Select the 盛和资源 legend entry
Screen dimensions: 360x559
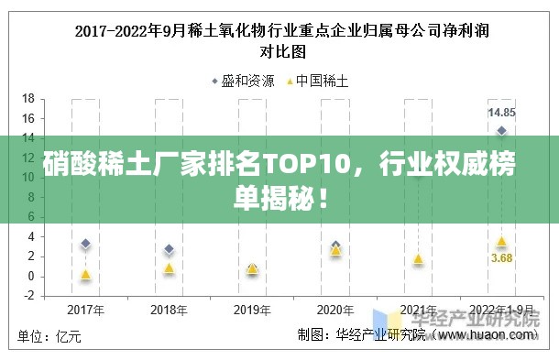tap(243, 81)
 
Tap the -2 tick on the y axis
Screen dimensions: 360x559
tap(28, 296)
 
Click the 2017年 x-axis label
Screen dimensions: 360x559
tap(86, 309)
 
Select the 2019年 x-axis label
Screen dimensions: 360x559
tap(252, 309)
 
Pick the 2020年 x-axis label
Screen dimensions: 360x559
tap(335, 309)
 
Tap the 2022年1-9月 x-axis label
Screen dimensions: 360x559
tap(501, 309)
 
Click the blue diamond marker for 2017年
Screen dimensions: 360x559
tap(86, 244)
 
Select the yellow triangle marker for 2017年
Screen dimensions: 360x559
tap(86, 274)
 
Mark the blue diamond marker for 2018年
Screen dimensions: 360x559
tap(169, 249)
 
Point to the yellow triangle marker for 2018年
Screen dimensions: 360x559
tap(169, 267)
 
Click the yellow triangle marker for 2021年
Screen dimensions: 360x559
tap(418, 259)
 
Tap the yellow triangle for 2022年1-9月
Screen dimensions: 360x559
tap(501, 241)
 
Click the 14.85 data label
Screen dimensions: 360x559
tap(501, 113)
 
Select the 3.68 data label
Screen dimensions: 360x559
tap(501, 258)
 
